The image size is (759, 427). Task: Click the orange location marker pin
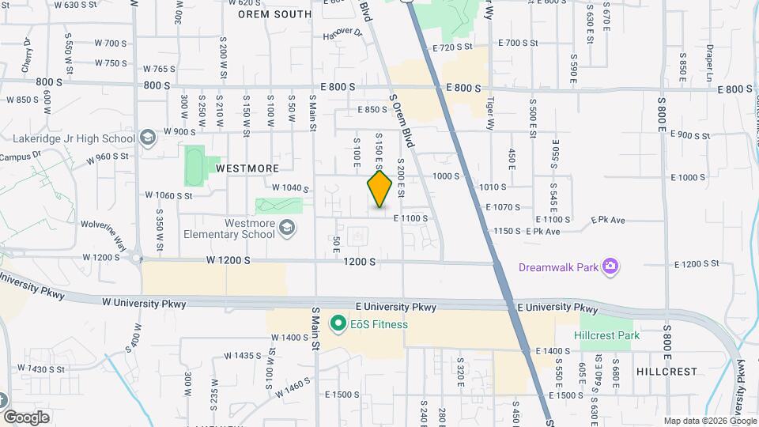[379, 189]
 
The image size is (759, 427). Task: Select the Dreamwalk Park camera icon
[610, 266]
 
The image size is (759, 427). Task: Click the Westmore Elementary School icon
[287, 229]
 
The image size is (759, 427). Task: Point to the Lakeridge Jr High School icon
[147, 138]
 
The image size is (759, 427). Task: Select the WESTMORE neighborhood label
[247, 168]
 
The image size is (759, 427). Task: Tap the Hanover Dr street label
[342, 33]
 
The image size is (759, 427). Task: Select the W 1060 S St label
[169, 195]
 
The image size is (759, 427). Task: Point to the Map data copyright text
[708, 421]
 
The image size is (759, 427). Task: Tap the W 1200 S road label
[228, 259]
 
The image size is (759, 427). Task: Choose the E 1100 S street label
[410, 218]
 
